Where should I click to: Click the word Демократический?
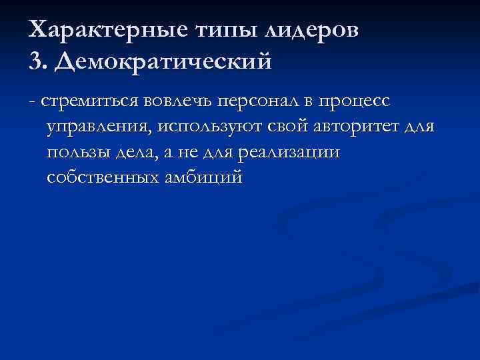[164, 62]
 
